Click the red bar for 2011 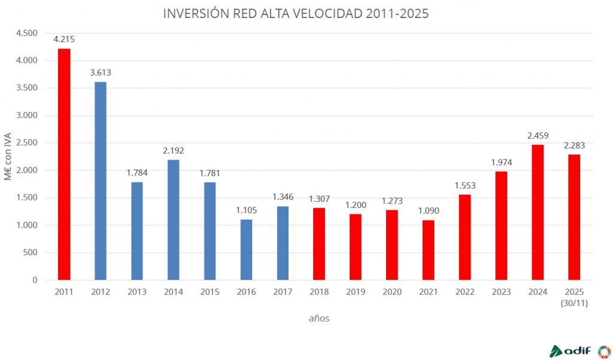tap(64, 164)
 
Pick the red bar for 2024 tap(538, 212)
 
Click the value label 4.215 tap(64, 40)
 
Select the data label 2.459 tap(538, 135)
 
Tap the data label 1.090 tap(428, 211)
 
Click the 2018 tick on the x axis tap(319, 292)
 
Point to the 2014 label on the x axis tap(173, 292)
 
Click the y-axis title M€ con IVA tap(8, 156)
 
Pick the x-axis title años tap(319, 319)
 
